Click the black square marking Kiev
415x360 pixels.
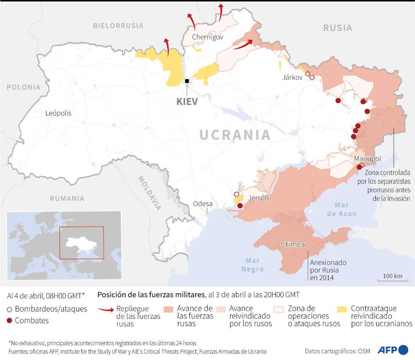point(187,81)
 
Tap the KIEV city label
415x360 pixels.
point(187,101)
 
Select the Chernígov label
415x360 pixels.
point(207,37)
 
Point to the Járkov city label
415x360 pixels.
point(292,77)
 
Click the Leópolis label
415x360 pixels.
point(58,113)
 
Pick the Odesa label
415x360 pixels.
point(203,204)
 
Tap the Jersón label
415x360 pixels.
point(258,198)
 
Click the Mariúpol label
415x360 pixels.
point(367,159)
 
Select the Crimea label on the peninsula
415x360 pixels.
point(293,244)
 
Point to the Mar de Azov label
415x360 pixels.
point(341,209)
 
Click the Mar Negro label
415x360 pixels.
point(252,264)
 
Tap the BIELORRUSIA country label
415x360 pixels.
point(118,26)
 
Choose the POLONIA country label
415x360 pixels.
point(24,87)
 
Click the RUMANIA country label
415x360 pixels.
point(67,198)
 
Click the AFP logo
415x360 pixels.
point(392,350)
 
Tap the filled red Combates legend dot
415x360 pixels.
point(10,320)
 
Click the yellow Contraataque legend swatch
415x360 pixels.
point(342,309)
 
